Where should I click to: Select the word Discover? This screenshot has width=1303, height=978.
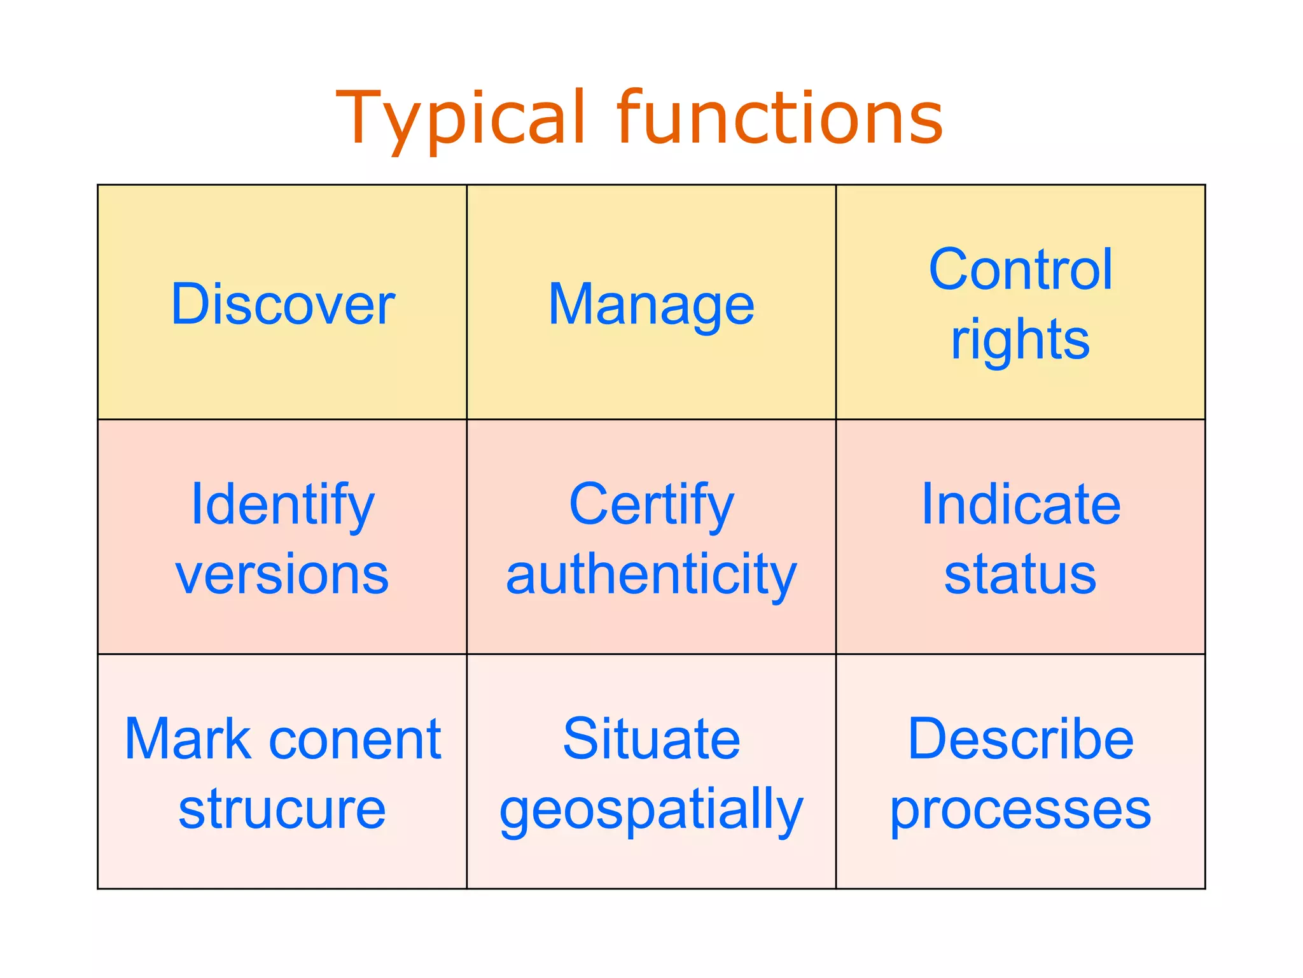[x=282, y=304]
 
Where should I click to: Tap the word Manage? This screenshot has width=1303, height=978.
[x=651, y=306]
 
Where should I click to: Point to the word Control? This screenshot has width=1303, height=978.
[x=1021, y=270]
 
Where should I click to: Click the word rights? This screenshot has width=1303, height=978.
[x=1021, y=341]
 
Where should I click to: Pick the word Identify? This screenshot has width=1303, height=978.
[x=282, y=505]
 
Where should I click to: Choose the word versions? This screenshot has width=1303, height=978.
[x=282, y=574]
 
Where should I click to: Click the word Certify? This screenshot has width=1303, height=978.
[x=651, y=505]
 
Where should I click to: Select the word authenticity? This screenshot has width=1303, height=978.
[x=651, y=575]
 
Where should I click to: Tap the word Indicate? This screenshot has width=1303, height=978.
[x=1021, y=505]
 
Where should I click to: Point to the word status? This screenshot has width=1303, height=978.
[x=1021, y=575]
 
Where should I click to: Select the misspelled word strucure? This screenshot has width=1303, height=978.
[x=282, y=809]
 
